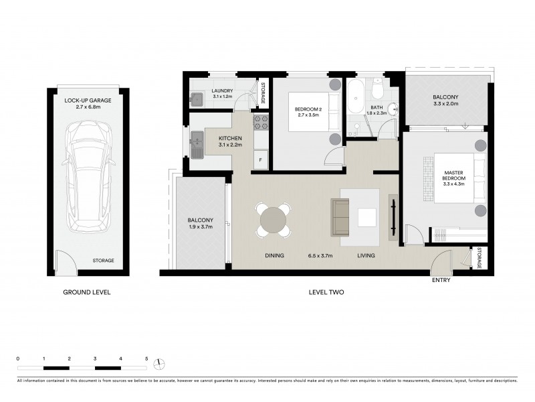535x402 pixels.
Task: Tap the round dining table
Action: (x=274, y=220)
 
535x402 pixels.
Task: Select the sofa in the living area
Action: (x=340, y=217)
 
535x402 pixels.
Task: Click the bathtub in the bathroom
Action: (x=354, y=98)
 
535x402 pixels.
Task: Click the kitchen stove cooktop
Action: (x=261, y=123)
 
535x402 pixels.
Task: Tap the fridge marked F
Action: (x=260, y=159)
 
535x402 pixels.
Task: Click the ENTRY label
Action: (x=441, y=280)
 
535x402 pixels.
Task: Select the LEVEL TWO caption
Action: (x=327, y=292)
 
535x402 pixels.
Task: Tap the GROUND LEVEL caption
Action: (x=86, y=292)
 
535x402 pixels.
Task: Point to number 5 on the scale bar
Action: (x=146, y=358)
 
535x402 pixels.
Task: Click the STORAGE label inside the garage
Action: (x=103, y=261)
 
